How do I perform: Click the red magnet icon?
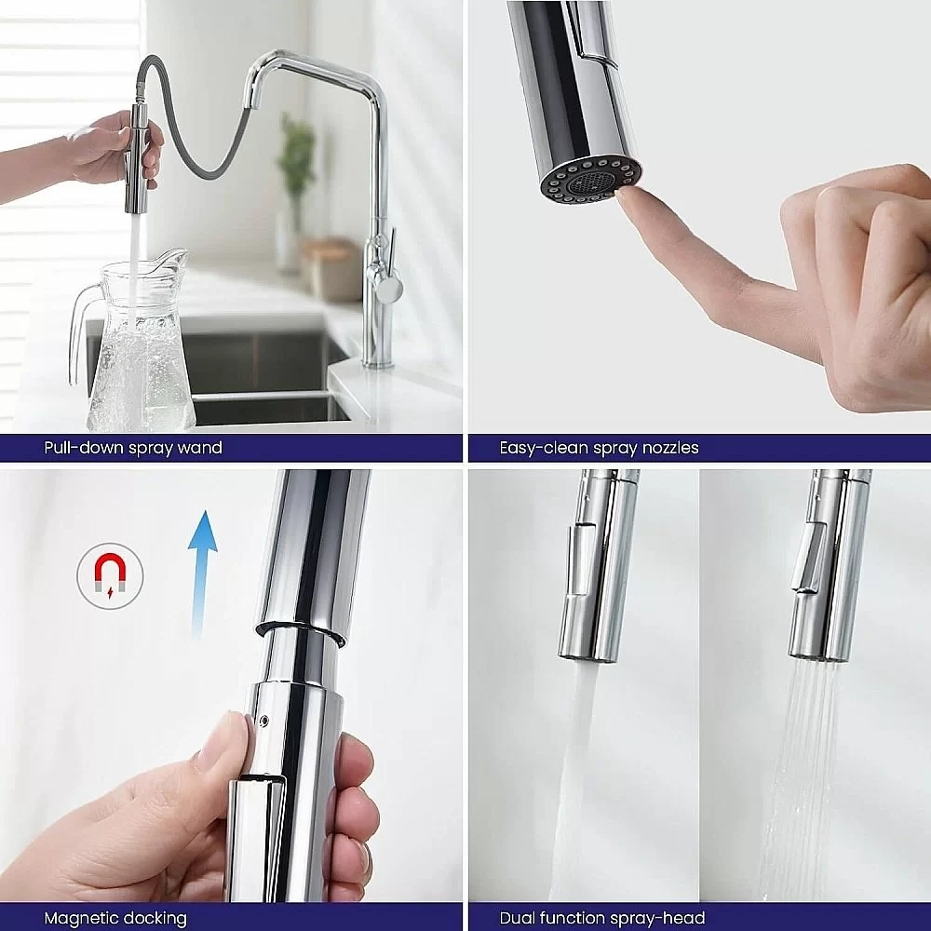[111, 573]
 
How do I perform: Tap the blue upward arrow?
[202, 573]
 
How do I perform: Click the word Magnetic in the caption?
[81, 919]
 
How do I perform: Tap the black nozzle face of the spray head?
[590, 182]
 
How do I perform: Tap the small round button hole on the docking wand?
[264, 722]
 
